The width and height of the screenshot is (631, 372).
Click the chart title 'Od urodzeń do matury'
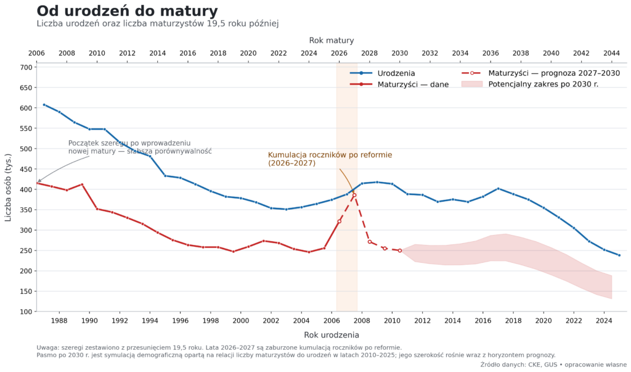click(x=127, y=11)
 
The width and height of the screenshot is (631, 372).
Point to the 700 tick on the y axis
click(x=26, y=67)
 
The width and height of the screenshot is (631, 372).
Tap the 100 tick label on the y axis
click(x=26, y=312)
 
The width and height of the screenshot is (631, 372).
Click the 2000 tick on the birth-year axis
click(x=241, y=321)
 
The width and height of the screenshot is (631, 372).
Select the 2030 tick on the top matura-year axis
click(x=399, y=53)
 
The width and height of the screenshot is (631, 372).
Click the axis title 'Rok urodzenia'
click(x=331, y=335)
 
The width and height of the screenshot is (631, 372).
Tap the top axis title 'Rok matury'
click(x=331, y=40)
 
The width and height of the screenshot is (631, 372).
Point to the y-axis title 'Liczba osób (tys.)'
click(x=8, y=188)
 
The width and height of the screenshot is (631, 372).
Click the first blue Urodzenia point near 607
click(x=44, y=105)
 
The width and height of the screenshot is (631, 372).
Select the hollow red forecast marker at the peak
click(x=354, y=195)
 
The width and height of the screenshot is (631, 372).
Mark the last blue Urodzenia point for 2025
click(x=619, y=255)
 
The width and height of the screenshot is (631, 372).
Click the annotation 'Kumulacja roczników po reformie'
click(x=330, y=155)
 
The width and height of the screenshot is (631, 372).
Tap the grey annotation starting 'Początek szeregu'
click(x=140, y=147)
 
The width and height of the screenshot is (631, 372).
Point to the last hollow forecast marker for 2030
click(x=399, y=250)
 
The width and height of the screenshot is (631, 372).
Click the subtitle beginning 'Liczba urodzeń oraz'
click(x=158, y=23)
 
